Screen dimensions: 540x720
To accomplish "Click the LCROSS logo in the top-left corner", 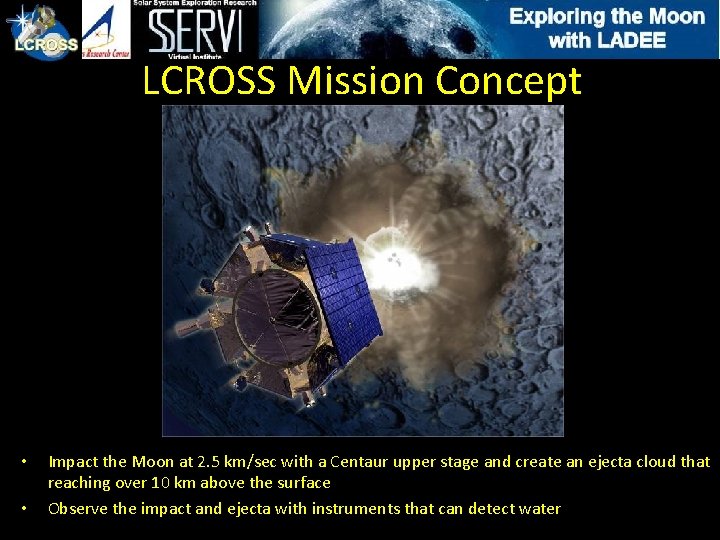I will (40, 31).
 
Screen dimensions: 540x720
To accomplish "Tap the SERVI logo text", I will (195, 33).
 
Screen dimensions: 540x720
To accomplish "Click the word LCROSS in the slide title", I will (209, 81).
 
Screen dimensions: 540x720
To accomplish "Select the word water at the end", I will (539, 509).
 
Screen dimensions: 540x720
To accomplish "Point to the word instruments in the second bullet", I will (356, 509).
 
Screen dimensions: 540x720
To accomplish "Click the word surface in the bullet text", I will (303, 483).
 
